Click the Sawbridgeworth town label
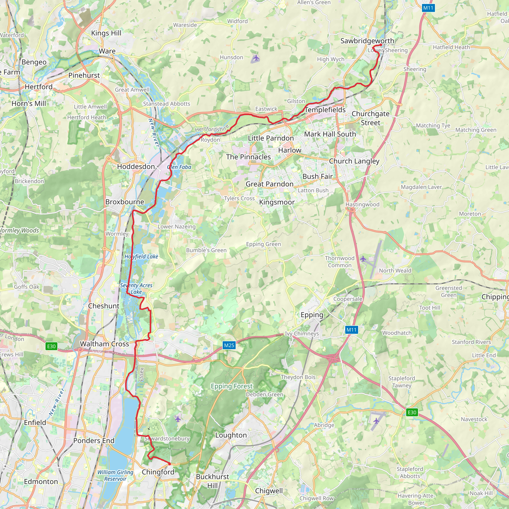point(367,41)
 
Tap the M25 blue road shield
point(229,345)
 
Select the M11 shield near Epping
point(351,330)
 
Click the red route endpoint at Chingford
point(170,464)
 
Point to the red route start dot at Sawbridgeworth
point(381,45)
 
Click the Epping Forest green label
point(232,386)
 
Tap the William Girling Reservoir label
point(115,475)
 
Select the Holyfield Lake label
point(141,256)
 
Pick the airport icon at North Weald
point(363,259)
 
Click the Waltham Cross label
point(105,344)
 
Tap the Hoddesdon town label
point(136,167)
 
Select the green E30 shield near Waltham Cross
point(51,346)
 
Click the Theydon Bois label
point(298,377)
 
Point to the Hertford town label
point(39,87)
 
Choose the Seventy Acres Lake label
point(136,289)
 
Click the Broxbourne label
point(125,202)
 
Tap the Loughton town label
point(231,435)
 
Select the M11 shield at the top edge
point(428,8)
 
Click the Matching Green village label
point(476,130)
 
